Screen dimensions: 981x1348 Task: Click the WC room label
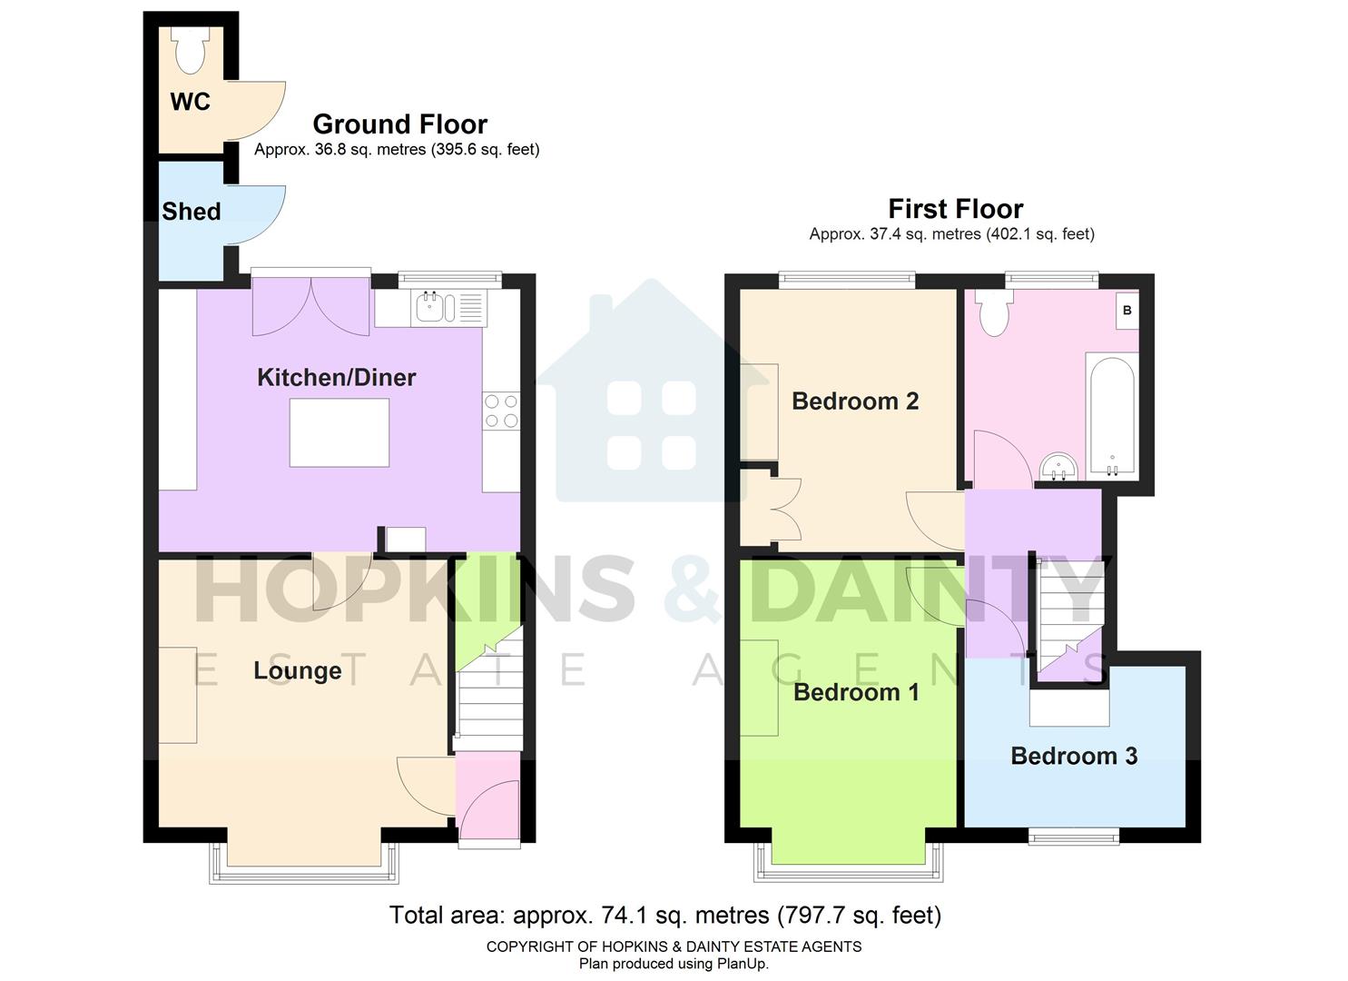click(190, 102)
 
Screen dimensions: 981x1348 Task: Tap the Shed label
click(191, 212)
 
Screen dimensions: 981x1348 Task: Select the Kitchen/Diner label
click(336, 377)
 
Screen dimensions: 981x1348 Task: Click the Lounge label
click(297, 670)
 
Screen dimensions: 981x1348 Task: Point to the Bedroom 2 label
click(855, 401)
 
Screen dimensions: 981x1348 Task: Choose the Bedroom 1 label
click(856, 692)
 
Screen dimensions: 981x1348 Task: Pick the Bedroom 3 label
click(1074, 756)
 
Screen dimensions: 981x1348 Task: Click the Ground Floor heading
click(399, 124)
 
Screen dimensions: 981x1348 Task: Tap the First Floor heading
click(955, 209)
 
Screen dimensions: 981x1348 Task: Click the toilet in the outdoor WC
click(191, 50)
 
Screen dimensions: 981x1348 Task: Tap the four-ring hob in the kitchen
click(501, 410)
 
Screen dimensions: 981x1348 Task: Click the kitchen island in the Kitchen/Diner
click(339, 432)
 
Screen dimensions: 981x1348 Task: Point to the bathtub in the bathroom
click(1110, 415)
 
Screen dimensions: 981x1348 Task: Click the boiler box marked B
click(1127, 311)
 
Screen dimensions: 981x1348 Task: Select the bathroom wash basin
click(1058, 467)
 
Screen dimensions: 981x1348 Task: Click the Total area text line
click(664, 915)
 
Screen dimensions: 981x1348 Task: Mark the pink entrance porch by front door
click(487, 795)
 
